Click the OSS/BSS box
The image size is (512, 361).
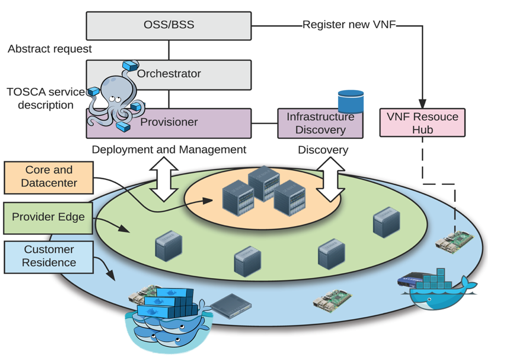(169, 26)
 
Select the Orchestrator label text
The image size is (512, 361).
(169, 74)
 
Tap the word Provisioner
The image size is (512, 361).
(169, 122)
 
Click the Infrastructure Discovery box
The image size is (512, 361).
(320, 123)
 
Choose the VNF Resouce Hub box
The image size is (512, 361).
(423, 122)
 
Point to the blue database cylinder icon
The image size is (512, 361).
(351, 101)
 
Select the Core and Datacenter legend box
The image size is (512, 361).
(49, 177)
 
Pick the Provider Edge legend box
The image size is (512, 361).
(48, 218)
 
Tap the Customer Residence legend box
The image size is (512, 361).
(49, 257)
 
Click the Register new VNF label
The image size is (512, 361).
(349, 25)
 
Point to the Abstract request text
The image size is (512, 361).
(50, 49)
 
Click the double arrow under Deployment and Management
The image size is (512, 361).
(164, 179)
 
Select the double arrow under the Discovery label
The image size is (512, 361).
(331, 179)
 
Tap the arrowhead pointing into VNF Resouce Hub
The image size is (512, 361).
(423, 104)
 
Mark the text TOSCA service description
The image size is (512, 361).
(45, 98)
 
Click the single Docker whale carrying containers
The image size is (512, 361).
(437, 290)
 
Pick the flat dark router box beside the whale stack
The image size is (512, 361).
(231, 306)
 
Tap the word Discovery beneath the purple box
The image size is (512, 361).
(323, 150)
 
